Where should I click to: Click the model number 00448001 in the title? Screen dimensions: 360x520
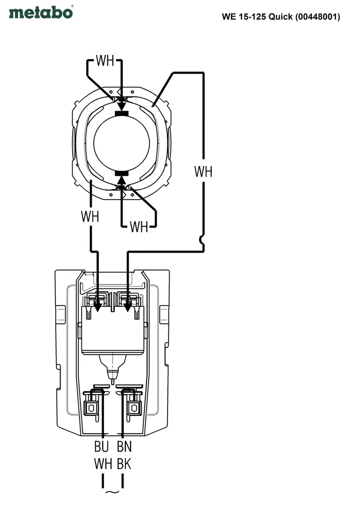[x=317, y=17]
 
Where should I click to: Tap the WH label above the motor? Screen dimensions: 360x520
[x=105, y=61]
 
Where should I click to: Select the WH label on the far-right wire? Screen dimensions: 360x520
[x=203, y=172]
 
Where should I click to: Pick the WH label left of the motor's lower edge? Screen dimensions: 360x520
[x=90, y=216]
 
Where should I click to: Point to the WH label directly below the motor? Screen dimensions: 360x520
[x=139, y=227]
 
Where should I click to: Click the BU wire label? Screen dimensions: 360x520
[x=101, y=446]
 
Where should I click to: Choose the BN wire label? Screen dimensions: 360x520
[x=124, y=446]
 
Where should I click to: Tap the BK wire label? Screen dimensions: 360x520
[x=124, y=464]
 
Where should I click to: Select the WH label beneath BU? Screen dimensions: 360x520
[x=103, y=464]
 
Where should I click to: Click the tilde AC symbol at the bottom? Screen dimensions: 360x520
[x=112, y=492]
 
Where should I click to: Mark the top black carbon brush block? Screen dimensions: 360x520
[x=122, y=113]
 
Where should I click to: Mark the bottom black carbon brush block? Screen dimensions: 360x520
[x=122, y=173]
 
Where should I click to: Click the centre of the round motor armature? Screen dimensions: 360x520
[x=122, y=143]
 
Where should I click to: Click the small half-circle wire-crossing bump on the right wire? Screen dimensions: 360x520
[x=201, y=240]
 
